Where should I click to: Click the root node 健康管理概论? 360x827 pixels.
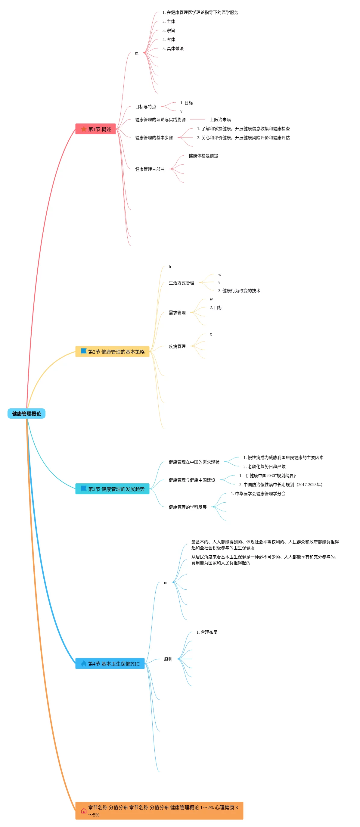click(x=26, y=413)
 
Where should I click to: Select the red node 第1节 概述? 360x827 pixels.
click(x=95, y=129)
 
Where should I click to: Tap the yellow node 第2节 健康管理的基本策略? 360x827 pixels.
click(x=112, y=351)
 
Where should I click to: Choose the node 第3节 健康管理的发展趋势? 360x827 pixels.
click(x=112, y=489)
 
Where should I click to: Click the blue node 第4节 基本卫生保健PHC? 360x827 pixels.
click(x=110, y=663)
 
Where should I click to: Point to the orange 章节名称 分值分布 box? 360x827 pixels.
click(x=159, y=811)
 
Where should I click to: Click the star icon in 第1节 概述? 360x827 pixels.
click(x=84, y=129)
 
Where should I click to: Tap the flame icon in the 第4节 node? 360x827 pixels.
click(x=84, y=663)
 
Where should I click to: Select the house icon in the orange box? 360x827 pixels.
click(x=84, y=811)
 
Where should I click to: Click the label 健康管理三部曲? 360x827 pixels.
click(x=150, y=169)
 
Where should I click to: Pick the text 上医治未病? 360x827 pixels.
click(x=220, y=120)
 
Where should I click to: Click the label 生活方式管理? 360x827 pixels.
click(x=181, y=283)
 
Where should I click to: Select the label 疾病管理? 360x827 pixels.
click(x=177, y=346)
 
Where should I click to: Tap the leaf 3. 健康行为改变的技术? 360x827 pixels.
click(x=239, y=291)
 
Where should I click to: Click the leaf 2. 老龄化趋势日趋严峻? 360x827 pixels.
click(x=264, y=467)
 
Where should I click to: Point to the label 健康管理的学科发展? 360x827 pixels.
click(x=188, y=507)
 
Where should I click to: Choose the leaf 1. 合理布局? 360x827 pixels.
click(x=207, y=632)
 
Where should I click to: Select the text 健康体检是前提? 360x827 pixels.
click(x=203, y=156)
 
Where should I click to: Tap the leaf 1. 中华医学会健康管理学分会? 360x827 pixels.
click(x=258, y=493)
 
